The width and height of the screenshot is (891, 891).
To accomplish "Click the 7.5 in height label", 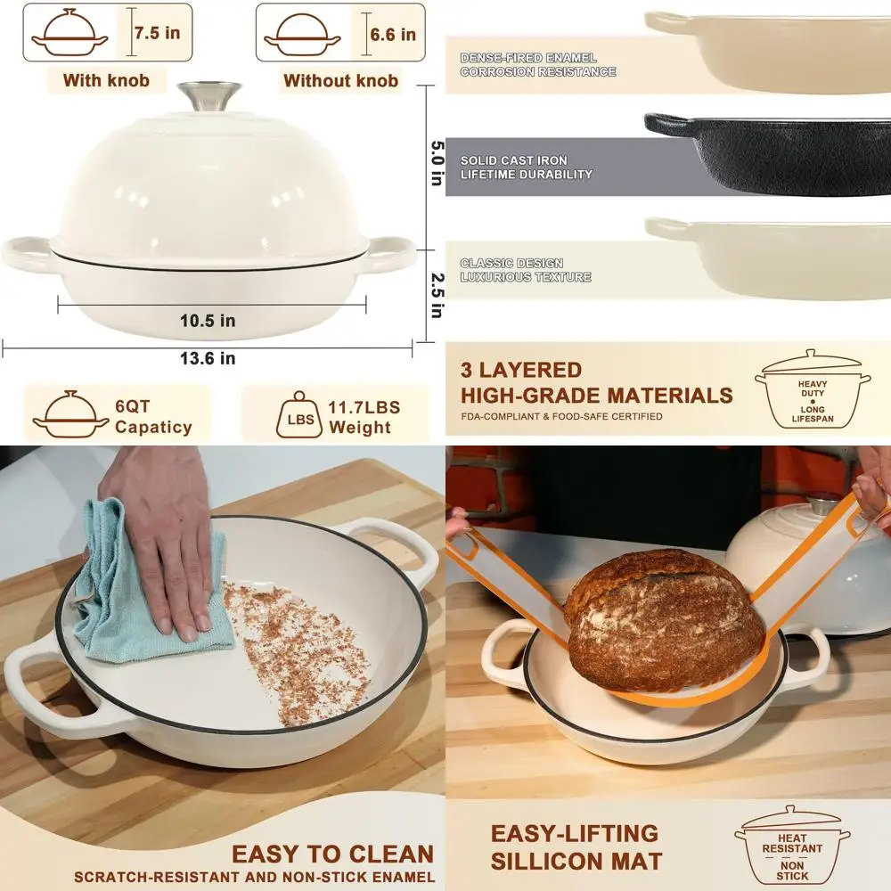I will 158,34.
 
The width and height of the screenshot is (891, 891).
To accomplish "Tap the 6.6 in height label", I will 393,35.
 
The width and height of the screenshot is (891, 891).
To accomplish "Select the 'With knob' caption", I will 106,80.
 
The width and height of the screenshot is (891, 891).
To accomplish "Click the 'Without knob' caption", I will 340,80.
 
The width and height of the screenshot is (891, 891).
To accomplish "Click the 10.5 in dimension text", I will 208,321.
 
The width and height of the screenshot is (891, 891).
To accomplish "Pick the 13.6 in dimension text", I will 208,358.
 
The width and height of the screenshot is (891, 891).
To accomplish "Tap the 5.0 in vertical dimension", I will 436,163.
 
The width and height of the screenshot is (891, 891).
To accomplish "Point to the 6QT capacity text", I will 152,417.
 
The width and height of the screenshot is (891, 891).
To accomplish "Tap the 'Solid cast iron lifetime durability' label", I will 526,168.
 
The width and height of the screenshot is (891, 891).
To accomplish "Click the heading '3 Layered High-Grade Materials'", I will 596,383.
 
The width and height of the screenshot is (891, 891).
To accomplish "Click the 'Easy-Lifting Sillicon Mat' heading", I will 576,847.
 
